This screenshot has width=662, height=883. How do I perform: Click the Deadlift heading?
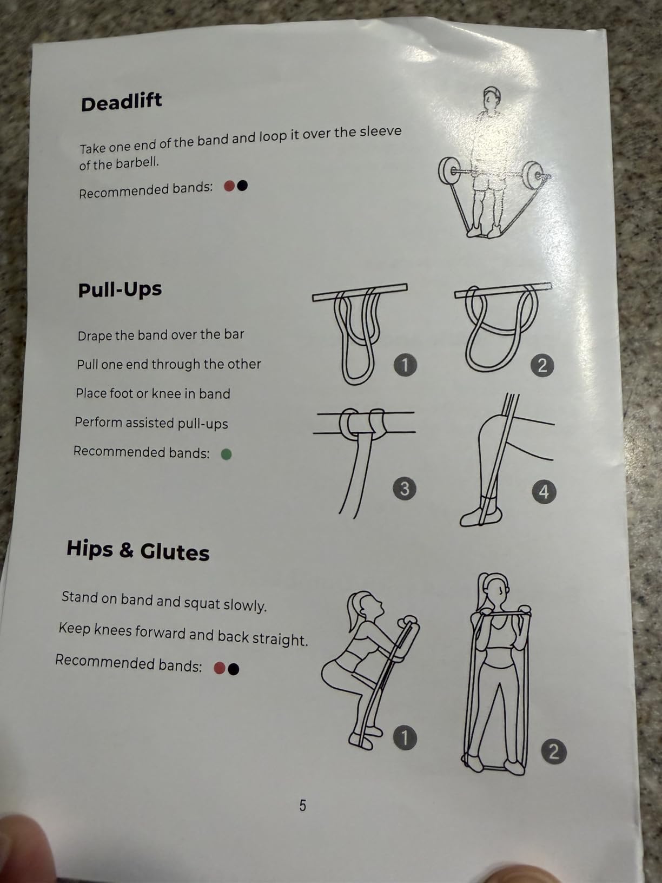pos(121,102)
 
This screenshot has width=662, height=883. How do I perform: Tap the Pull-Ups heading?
pos(120,289)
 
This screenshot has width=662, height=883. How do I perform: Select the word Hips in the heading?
pos(90,548)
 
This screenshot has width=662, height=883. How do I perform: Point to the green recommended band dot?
pos(226,454)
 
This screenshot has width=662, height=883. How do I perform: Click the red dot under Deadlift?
pos(229,186)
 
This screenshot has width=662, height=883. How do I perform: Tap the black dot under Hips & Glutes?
pos(234,669)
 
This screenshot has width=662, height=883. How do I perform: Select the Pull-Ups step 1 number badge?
pos(405,365)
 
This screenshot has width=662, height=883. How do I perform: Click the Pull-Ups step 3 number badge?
pos(405,489)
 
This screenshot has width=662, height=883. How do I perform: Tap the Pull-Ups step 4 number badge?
pos(544,492)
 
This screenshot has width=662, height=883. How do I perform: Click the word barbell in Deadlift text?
pos(137,163)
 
